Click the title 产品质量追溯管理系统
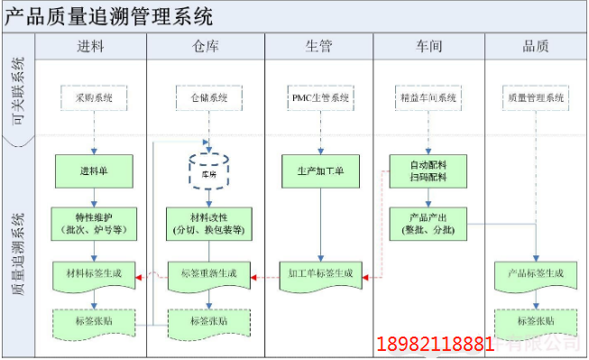(x=110, y=15)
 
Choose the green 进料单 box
(x=94, y=169)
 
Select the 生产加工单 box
(x=320, y=169)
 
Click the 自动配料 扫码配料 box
(x=428, y=170)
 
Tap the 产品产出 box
(x=428, y=223)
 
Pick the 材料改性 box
(x=208, y=223)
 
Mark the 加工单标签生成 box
(x=320, y=273)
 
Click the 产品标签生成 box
(x=536, y=273)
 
